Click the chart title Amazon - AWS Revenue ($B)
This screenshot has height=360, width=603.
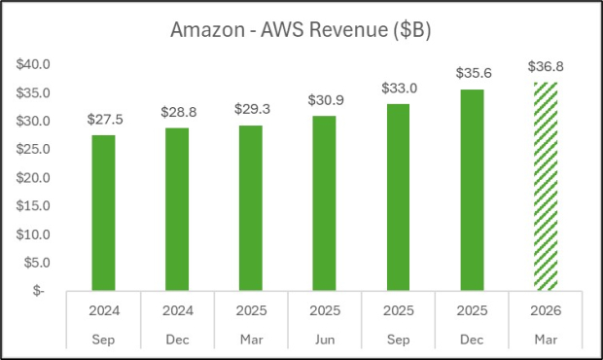click(301, 30)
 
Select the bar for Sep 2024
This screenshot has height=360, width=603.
click(102, 212)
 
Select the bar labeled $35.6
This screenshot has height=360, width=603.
click(471, 190)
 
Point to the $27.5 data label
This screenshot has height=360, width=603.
click(102, 121)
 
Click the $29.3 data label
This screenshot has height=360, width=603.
click(250, 110)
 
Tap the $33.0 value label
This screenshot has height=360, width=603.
click(397, 90)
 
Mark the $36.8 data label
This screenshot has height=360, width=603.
click(545, 67)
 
